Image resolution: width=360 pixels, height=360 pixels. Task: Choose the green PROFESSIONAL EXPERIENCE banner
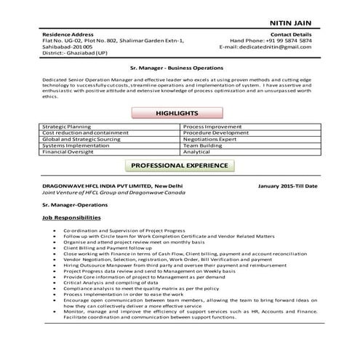click(x=179, y=166)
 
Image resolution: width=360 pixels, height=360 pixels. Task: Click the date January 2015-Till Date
click(x=288, y=186)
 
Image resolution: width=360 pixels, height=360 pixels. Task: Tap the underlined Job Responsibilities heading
click(x=72, y=217)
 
